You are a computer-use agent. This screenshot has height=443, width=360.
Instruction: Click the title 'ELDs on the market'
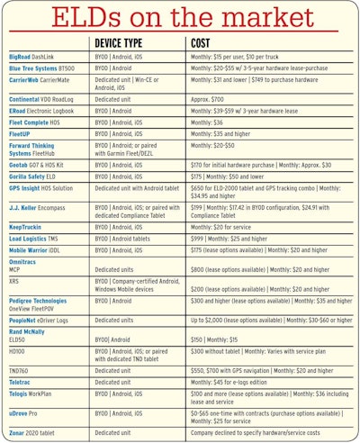(x=179, y=18)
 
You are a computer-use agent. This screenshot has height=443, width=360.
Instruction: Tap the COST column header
(x=202, y=43)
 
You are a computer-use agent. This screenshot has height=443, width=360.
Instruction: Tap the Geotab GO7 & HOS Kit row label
(x=41, y=166)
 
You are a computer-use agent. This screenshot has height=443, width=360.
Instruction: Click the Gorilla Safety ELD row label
(x=35, y=177)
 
